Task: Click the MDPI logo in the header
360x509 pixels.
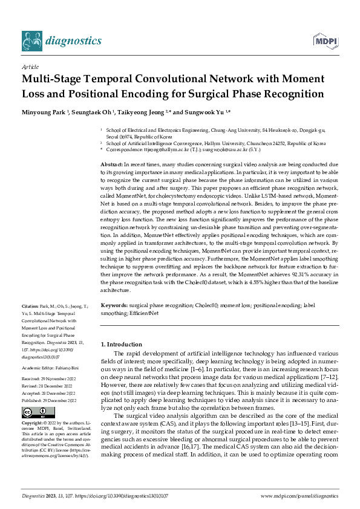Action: point(324,41)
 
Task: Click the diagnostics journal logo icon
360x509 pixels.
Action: point(31,41)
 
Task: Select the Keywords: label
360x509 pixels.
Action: point(114,306)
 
